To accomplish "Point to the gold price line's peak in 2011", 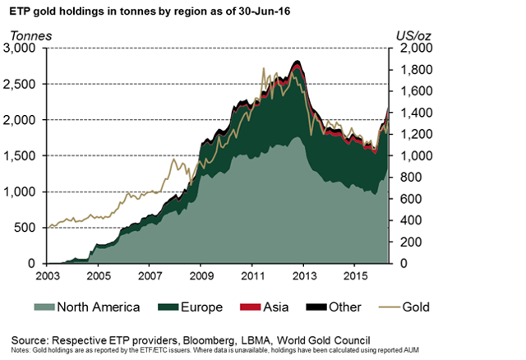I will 262,68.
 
